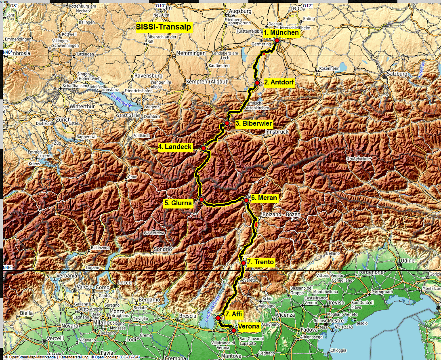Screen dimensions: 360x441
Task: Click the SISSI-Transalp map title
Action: click(164, 28)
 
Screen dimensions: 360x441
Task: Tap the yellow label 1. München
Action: click(281, 33)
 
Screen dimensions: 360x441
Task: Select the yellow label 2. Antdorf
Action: click(279, 82)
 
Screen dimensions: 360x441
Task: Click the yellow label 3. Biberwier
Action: click(254, 123)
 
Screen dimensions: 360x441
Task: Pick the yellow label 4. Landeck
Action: click(175, 147)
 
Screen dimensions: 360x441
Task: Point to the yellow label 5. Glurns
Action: click(178, 203)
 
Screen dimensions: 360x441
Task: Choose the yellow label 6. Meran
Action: click(264, 198)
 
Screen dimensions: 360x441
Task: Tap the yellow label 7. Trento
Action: click(260, 262)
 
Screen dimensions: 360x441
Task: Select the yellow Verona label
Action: click(249, 326)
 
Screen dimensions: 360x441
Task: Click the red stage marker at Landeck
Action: click(204, 149)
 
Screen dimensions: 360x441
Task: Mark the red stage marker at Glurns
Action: click(201, 200)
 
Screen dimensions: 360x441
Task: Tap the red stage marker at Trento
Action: click(244, 263)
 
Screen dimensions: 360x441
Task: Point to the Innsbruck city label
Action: click(277, 132)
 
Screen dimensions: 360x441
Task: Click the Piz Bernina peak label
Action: click(155, 233)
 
